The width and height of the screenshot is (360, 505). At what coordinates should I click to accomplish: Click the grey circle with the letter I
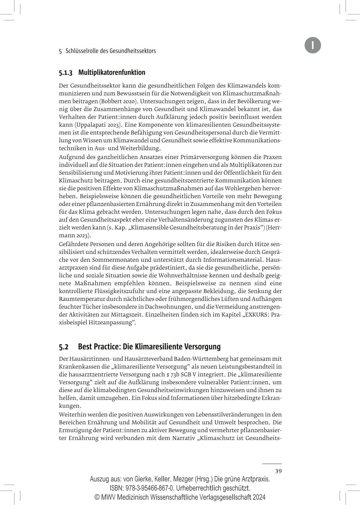[x=312, y=45]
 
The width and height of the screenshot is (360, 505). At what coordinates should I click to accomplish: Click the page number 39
[x=278, y=471]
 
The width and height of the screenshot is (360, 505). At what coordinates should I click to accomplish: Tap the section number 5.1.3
[x=66, y=72]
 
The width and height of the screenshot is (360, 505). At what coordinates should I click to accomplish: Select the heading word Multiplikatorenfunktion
[x=112, y=72]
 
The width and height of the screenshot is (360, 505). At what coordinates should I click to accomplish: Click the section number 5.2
[x=64, y=347]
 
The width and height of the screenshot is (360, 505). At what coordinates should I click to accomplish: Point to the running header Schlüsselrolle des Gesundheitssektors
[x=111, y=51]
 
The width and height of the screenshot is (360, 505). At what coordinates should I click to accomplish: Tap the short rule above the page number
[x=272, y=464]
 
